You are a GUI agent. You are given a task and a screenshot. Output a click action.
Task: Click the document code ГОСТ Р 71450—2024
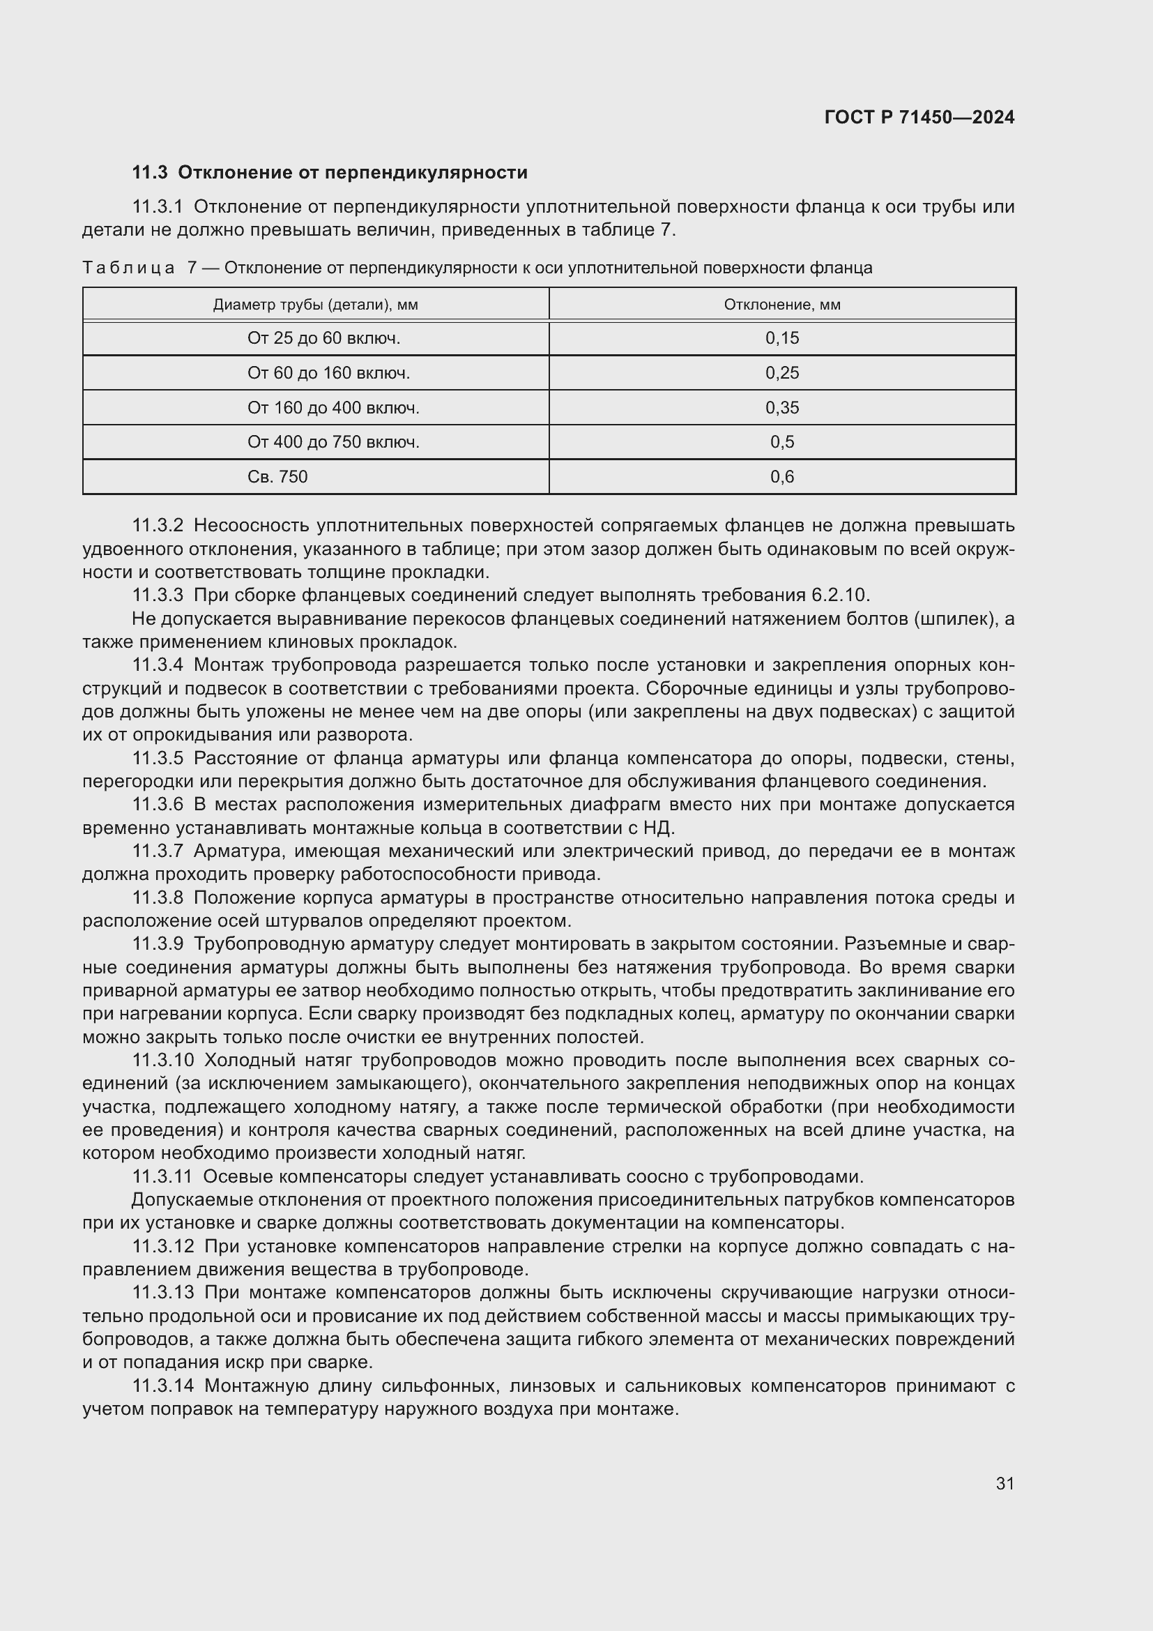coord(919,118)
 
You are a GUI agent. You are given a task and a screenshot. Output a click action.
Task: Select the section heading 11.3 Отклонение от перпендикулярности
coord(330,173)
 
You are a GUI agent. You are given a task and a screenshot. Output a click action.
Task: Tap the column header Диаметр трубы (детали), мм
coord(315,305)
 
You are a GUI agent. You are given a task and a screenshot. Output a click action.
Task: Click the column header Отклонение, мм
coord(781,305)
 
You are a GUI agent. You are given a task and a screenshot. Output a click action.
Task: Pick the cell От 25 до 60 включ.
coord(323,338)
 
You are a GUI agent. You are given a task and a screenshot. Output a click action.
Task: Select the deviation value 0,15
coord(781,338)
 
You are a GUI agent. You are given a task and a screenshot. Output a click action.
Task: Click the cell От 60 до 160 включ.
coord(328,373)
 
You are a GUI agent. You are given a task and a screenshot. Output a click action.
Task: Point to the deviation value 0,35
coord(781,408)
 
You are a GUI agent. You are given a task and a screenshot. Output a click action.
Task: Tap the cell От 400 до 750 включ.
coord(333,442)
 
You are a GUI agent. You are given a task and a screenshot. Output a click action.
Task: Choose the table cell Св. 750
coord(277,477)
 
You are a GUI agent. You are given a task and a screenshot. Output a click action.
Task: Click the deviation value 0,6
coord(781,477)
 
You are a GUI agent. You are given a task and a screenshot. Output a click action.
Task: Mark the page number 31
coord(1005,1484)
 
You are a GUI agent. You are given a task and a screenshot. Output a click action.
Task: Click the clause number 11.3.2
coord(158,526)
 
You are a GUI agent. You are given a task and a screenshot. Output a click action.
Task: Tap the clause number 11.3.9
coord(158,944)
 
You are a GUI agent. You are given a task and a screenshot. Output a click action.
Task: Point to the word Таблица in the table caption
coord(128,268)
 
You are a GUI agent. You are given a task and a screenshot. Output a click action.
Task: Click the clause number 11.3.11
coord(162,1176)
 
